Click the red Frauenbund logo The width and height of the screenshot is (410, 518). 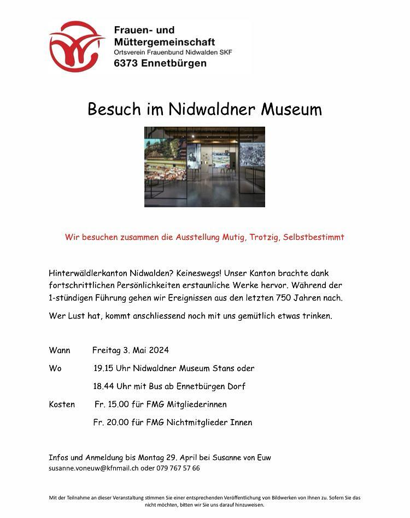click(76, 46)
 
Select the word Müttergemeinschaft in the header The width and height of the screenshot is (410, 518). click(165, 42)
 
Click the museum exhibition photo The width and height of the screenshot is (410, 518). click(204, 167)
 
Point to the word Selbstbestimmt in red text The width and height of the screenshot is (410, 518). click(314, 237)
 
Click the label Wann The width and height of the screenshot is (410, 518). click(60, 350)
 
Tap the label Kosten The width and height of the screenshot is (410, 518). click(62, 404)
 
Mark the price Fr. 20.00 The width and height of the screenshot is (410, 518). click(111, 422)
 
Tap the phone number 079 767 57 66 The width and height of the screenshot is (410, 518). click(178, 468)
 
